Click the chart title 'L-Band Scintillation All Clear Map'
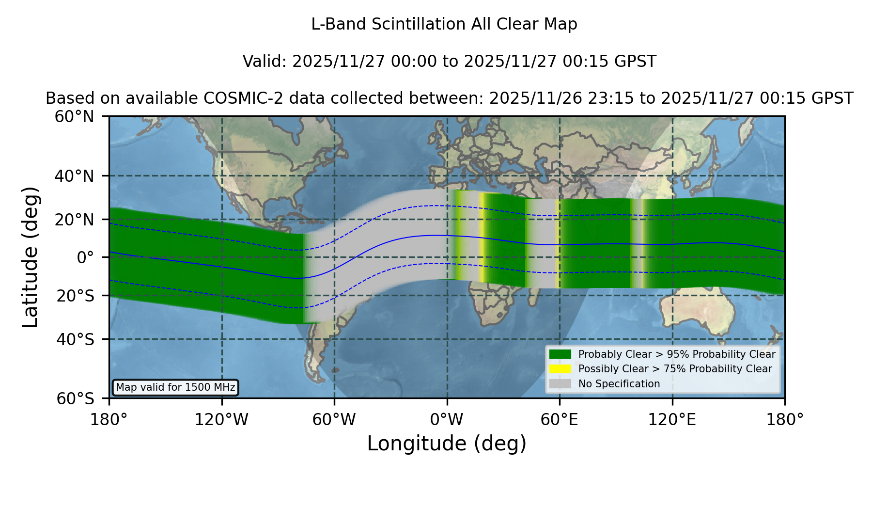pos(444,24)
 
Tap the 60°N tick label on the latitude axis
pos(74,116)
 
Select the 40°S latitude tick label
pos(75,339)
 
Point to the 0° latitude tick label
pos(85,257)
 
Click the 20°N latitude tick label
pos(74,220)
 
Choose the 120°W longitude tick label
pos(221,419)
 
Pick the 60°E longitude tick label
pos(560,419)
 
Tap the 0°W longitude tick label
pos(447,419)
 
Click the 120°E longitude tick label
pos(672,419)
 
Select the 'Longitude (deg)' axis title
pos(447,444)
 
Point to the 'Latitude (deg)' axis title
pos(30,257)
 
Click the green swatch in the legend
pos(561,354)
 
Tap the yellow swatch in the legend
pos(561,369)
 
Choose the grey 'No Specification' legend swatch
pos(561,384)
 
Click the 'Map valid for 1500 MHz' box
pos(175,387)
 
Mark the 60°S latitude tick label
pos(75,398)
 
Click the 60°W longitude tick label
pos(334,419)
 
